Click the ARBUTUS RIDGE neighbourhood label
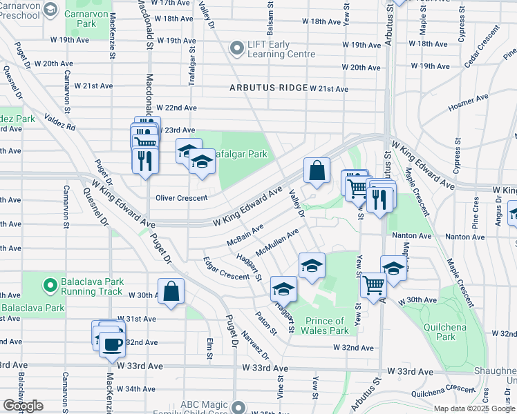coord(269,88)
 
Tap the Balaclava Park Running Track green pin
coord(49,284)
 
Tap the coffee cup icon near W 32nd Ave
coord(112,343)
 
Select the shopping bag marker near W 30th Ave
coord(171,290)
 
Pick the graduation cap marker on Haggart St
coord(283,288)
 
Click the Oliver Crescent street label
coord(182,198)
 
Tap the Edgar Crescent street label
coord(226,269)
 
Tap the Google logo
coord(23,405)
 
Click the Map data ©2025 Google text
coord(473,408)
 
